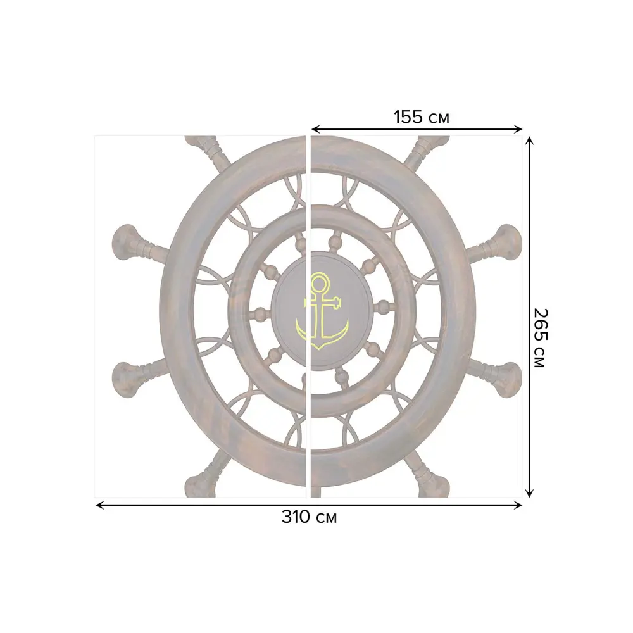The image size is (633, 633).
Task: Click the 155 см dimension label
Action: (421, 117)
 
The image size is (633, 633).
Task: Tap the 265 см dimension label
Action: (540, 337)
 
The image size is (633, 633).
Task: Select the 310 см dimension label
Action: (310, 517)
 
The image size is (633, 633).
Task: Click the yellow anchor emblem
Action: (322, 311)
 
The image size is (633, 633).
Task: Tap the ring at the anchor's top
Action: (319, 284)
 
